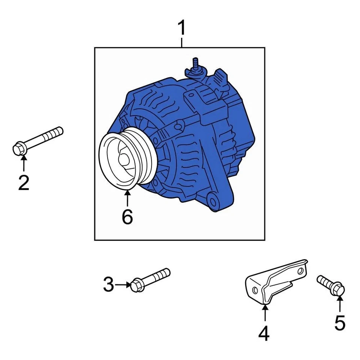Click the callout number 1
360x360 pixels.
coord(181,28)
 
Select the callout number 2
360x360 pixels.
coord(23,182)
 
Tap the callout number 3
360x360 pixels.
coord(108,285)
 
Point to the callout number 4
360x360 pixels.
coord(264,333)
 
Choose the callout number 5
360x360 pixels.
coord(339,323)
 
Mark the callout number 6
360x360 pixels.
coord(127,216)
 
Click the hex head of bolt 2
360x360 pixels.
coord(19,148)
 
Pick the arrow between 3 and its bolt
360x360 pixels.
coord(122,285)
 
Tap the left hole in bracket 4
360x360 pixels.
coord(255,290)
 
